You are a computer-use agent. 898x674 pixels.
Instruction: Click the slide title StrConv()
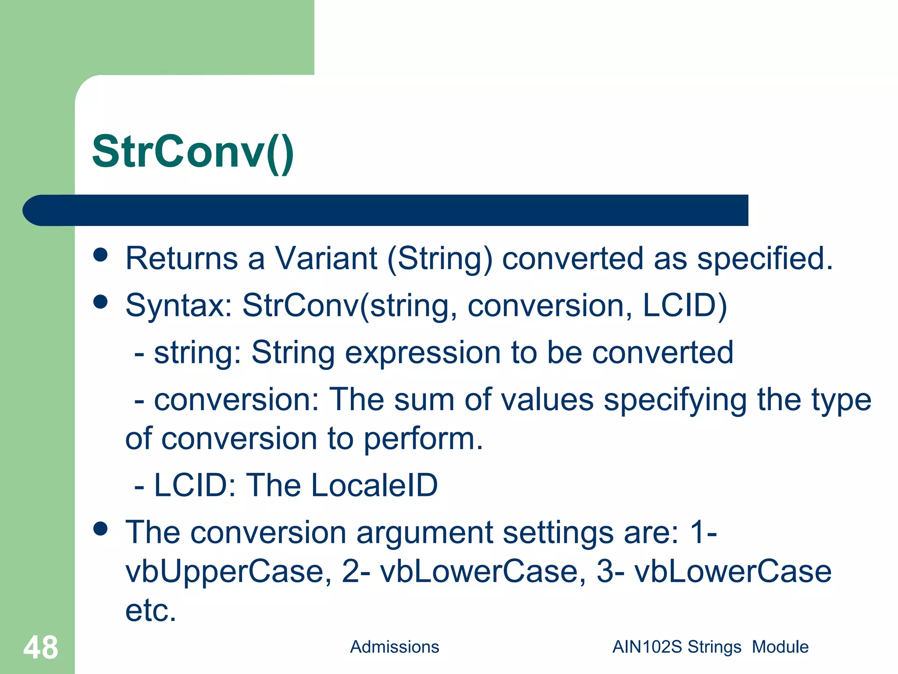[193, 151]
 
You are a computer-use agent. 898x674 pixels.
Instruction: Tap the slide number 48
[40, 648]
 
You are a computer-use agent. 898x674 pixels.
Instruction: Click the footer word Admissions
[394, 647]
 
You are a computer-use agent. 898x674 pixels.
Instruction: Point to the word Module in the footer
[780, 647]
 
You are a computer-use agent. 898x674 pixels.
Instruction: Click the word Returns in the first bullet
[182, 258]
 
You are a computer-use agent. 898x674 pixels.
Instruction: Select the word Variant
[326, 258]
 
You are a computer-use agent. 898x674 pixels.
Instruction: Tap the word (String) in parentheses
[440, 259]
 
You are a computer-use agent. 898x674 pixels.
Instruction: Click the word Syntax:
[178, 306]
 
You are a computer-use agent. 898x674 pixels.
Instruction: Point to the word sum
[424, 400]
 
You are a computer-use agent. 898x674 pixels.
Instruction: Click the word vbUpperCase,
[228, 572]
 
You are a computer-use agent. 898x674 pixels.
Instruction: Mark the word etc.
[150, 611]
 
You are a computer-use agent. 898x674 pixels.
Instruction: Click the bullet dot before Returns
[100, 255]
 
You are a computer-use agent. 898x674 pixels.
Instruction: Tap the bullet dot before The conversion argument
[100, 529]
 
